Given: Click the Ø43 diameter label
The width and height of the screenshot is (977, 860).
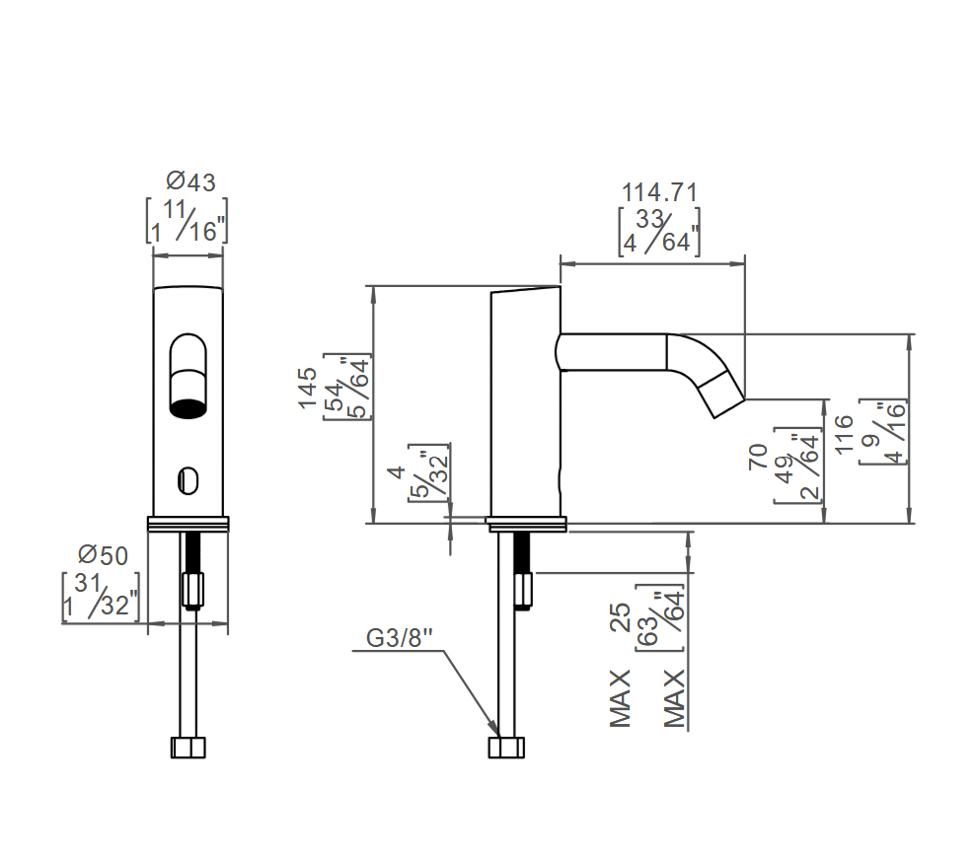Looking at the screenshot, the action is (x=190, y=181).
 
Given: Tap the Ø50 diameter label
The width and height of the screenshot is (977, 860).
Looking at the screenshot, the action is (x=103, y=555).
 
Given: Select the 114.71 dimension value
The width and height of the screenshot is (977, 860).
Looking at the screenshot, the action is (x=659, y=192).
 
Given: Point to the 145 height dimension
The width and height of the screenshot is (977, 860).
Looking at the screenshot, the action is (x=307, y=388).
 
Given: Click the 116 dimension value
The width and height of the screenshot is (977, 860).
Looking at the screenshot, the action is (x=843, y=434).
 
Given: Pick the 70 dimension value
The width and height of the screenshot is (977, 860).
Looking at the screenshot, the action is (x=758, y=457).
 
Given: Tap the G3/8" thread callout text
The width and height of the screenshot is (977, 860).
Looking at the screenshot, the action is (x=400, y=638).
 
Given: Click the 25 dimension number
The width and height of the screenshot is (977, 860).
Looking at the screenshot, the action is (x=621, y=617).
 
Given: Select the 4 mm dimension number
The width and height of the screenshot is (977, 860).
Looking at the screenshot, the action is (x=397, y=472).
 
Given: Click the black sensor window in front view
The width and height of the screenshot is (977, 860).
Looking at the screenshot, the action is (x=188, y=408).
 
